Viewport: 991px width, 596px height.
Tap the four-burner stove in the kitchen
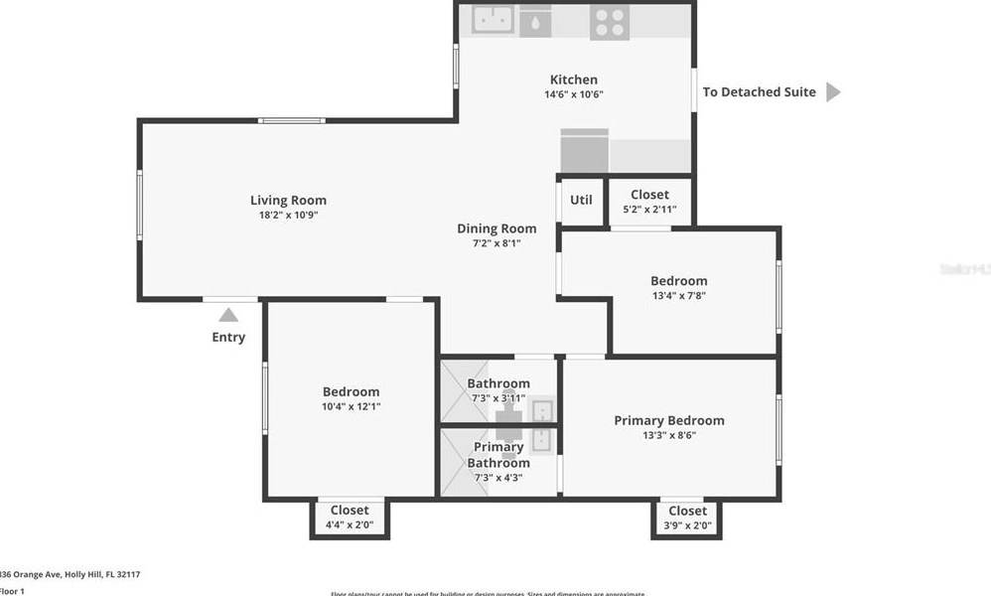tap(609, 22)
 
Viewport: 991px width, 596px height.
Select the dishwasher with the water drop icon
tap(535, 21)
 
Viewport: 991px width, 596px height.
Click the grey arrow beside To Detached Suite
tap(833, 92)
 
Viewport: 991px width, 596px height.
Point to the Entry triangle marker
tap(228, 315)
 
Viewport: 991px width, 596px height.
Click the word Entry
tap(228, 337)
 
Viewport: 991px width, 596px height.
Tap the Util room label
tap(581, 200)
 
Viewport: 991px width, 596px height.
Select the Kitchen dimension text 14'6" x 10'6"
tap(574, 94)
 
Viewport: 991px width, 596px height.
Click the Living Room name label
tap(288, 200)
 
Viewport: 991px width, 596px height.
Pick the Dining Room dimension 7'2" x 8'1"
tap(496, 242)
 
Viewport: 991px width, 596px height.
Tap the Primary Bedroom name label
tap(669, 420)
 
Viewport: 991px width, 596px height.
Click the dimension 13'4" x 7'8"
tap(679, 295)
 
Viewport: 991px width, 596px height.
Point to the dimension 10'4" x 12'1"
tap(351, 405)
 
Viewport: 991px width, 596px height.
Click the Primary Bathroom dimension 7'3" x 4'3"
tap(497, 477)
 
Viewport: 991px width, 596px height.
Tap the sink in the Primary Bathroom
tap(542, 437)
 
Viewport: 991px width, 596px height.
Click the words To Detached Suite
tap(760, 92)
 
